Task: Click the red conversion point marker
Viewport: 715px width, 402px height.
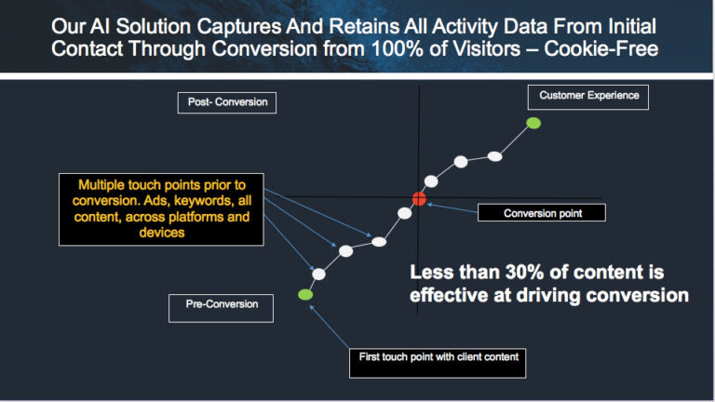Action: [419, 199]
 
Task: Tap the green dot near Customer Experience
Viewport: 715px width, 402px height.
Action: [533, 123]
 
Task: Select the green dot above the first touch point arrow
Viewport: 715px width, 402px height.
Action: [305, 294]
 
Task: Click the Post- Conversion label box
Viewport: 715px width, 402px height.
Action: [227, 102]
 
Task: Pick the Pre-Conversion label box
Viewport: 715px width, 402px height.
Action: [222, 308]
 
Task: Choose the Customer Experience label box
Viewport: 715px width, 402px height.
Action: [588, 97]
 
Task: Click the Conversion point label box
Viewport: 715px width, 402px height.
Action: [542, 213]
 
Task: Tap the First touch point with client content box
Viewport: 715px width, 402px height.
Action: [438, 363]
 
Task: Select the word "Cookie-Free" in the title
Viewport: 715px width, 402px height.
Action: [601, 48]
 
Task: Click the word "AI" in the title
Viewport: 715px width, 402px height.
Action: [100, 26]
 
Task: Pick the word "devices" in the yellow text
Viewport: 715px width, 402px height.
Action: [162, 233]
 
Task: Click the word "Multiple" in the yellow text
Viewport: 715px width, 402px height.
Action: [101, 185]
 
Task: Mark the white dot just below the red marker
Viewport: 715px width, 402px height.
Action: [404, 213]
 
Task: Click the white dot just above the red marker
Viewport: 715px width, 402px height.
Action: [431, 181]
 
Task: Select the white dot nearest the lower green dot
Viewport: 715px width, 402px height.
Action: [318, 274]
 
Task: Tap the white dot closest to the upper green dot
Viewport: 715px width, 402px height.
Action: [494, 156]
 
